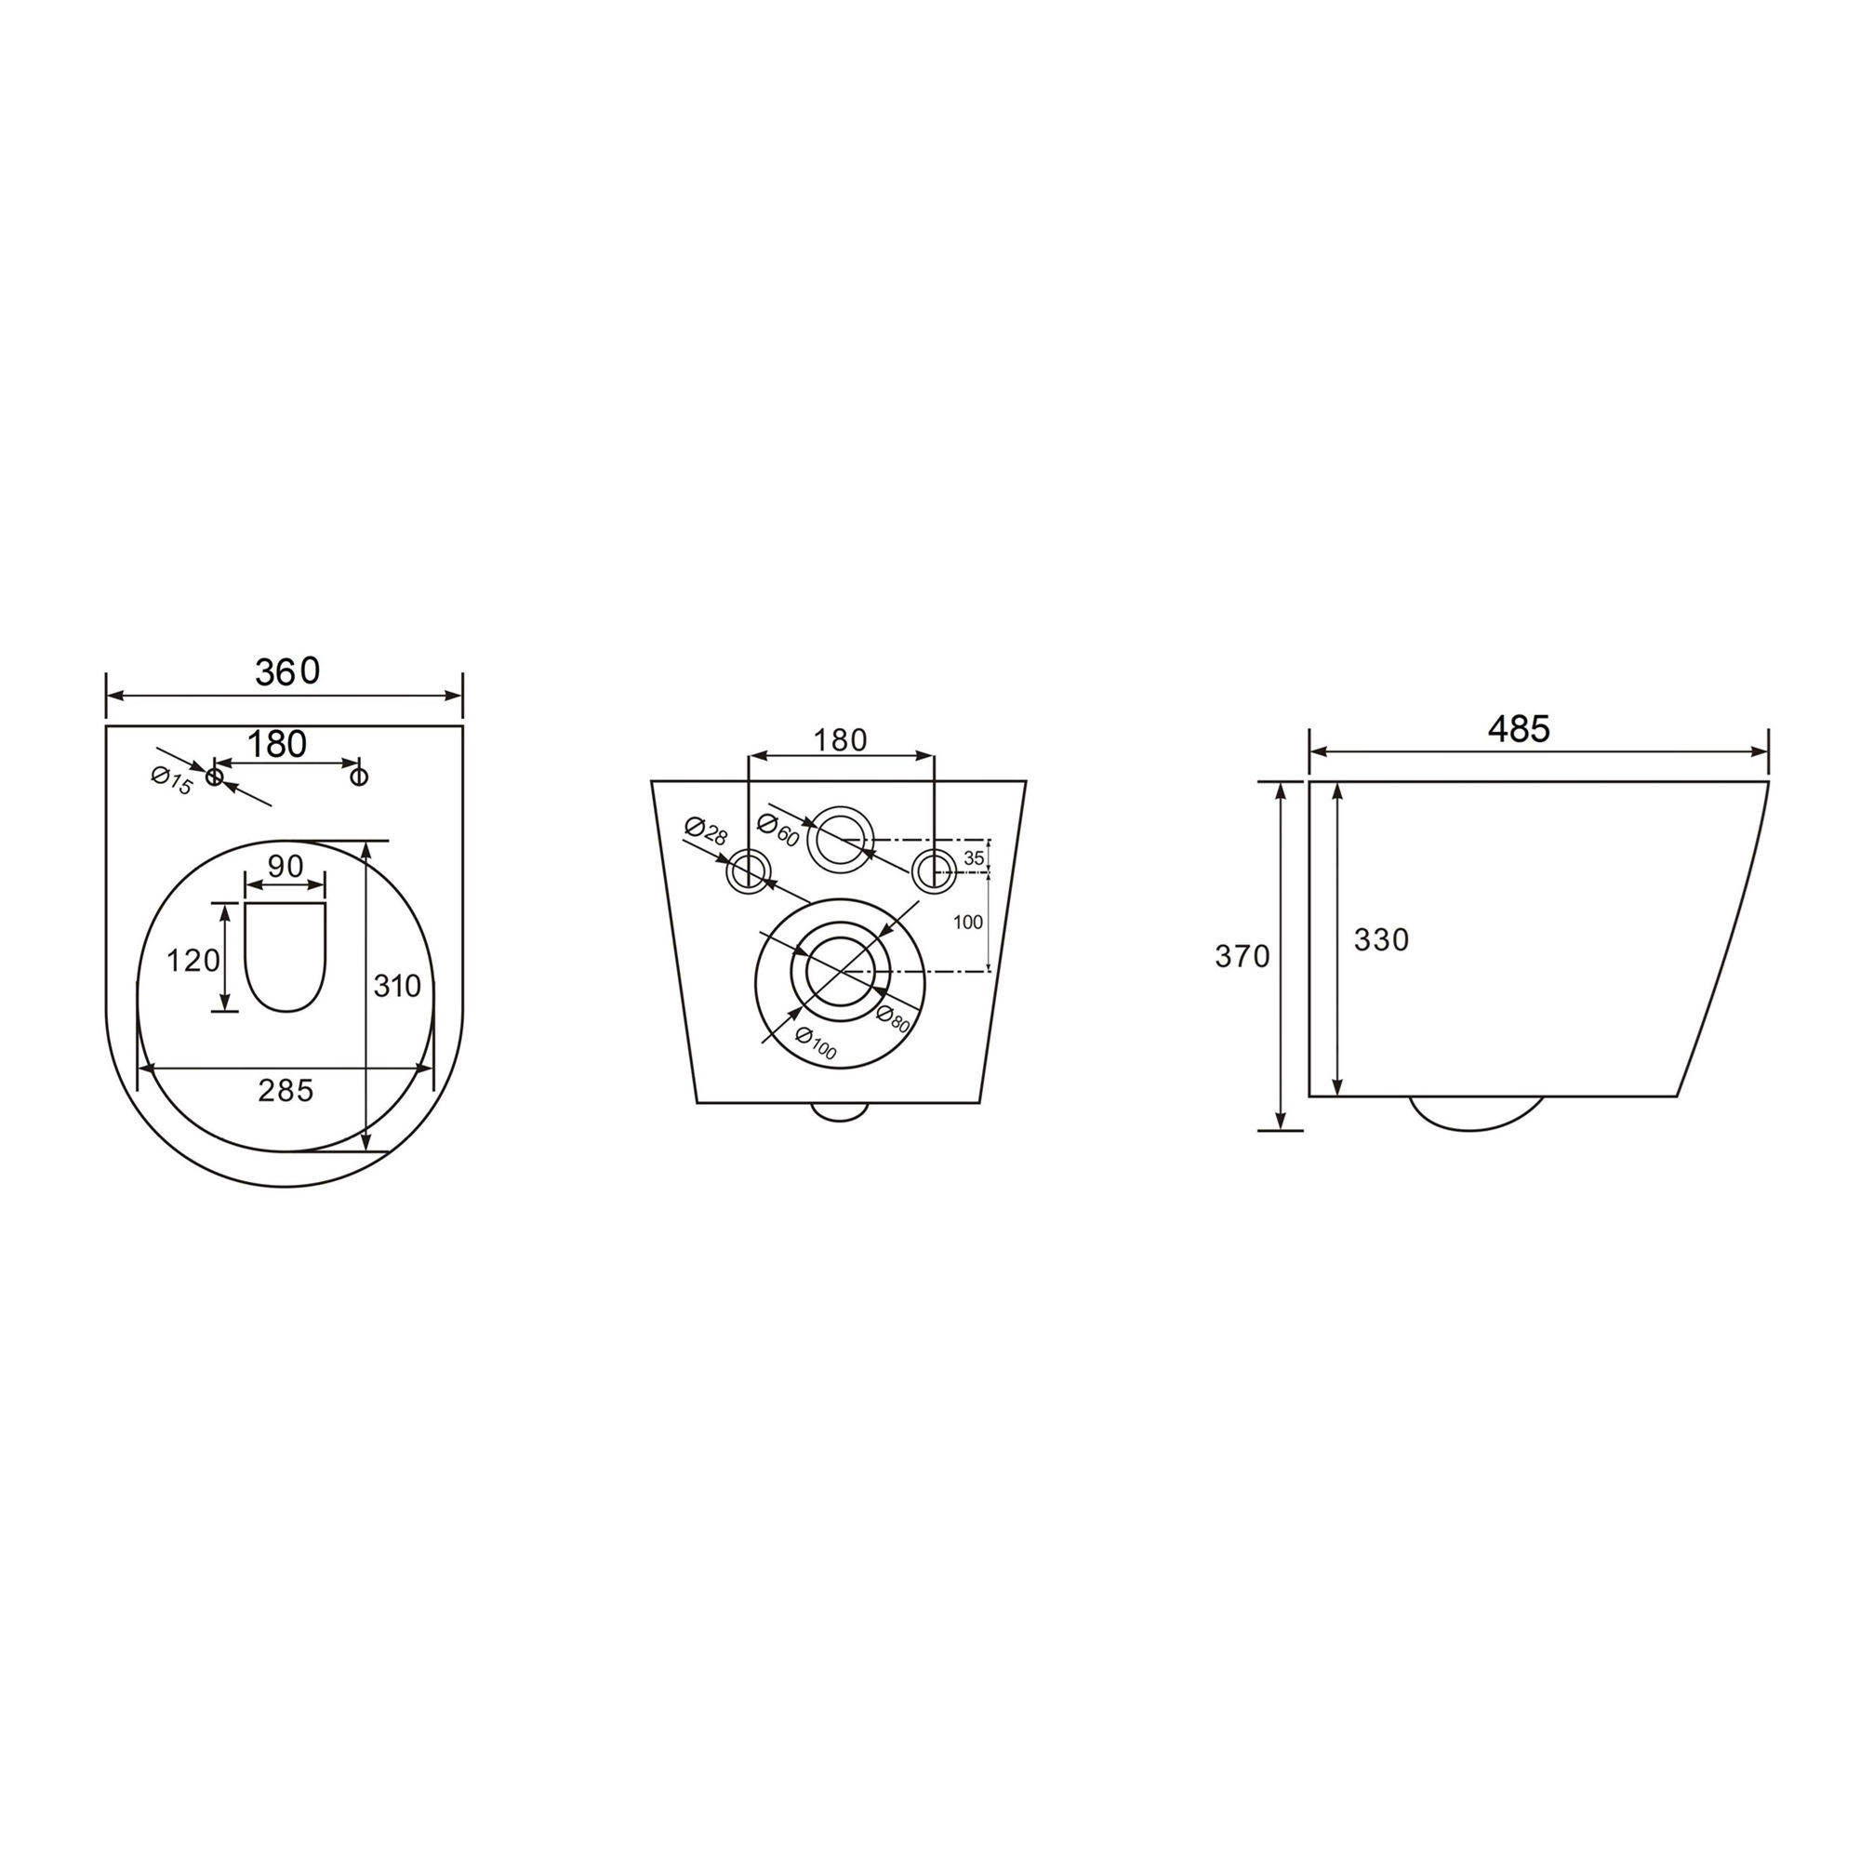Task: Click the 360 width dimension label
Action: pyautogui.click(x=286, y=671)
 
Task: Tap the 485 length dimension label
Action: pyautogui.click(x=1519, y=729)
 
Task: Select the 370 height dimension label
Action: pyautogui.click(x=1242, y=956)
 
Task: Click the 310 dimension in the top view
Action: pyautogui.click(x=398, y=985)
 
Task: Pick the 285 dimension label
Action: pyautogui.click(x=286, y=1090)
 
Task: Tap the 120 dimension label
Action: pyautogui.click(x=193, y=960)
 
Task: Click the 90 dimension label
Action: pyautogui.click(x=285, y=866)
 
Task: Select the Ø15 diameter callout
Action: pyautogui.click(x=172, y=780)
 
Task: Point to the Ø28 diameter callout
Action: pyautogui.click(x=706, y=830)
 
